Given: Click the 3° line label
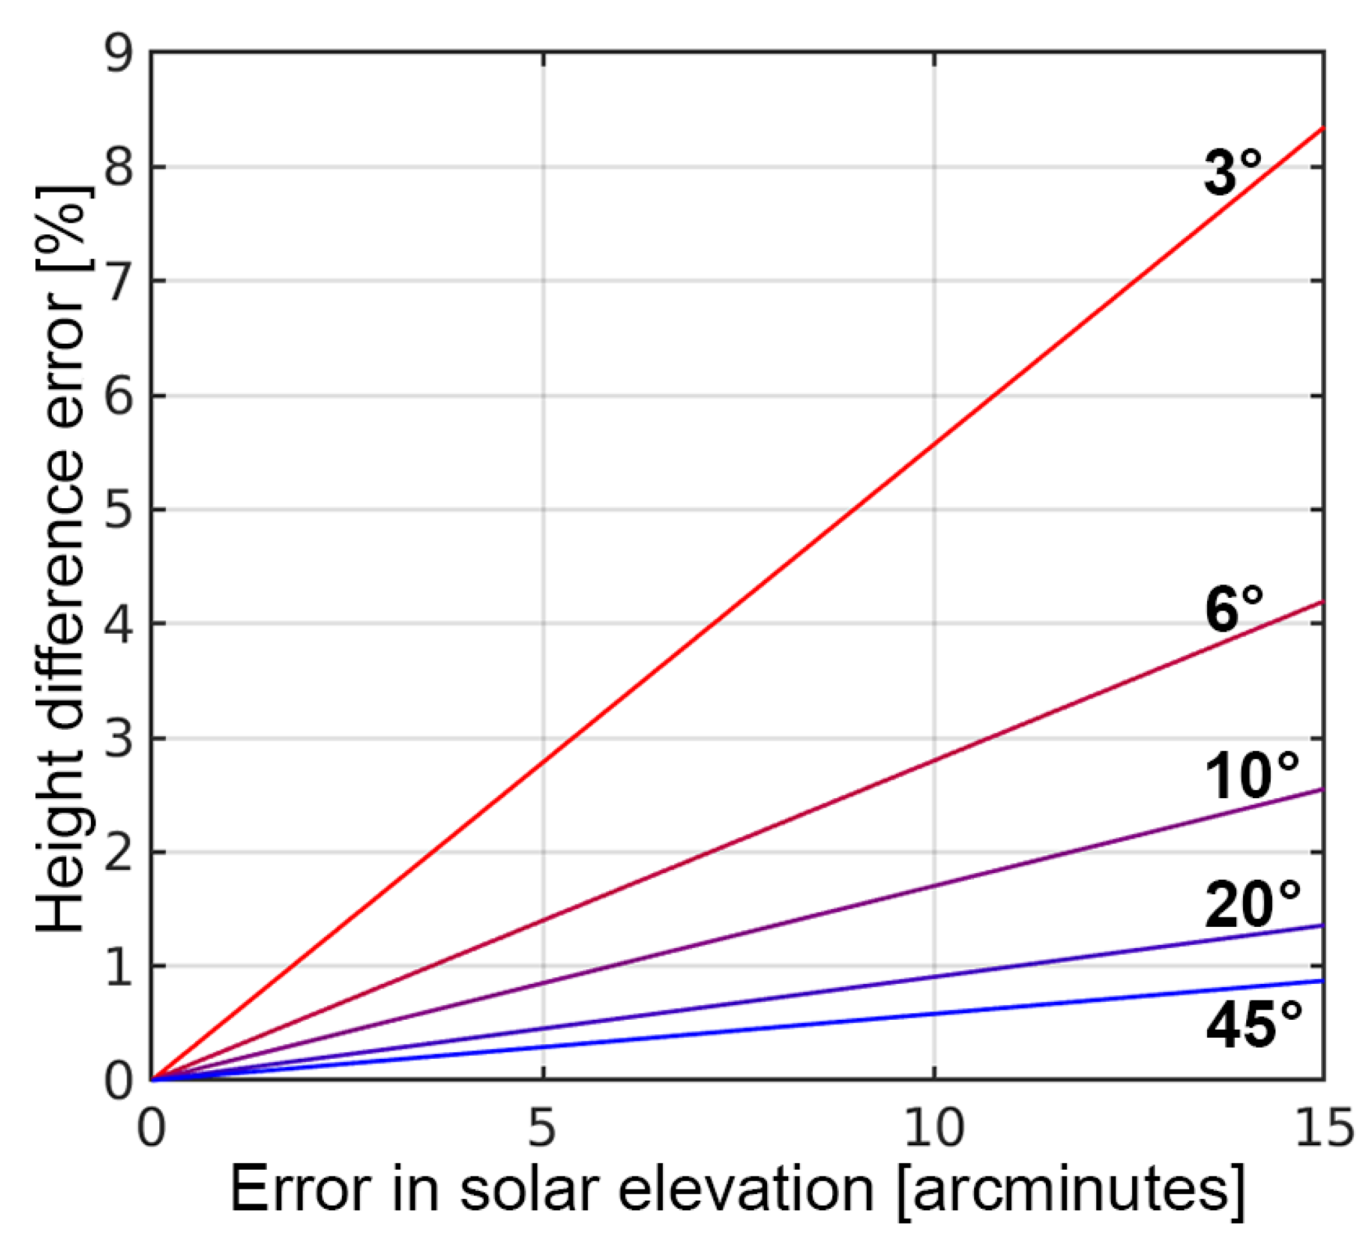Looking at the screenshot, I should pyautogui.click(x=1232, y=172).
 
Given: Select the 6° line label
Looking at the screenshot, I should pyautogui.click(x=1234, y=610).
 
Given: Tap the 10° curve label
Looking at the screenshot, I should pyautogui.click(x=1252, y=776).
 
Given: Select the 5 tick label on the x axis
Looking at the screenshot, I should pyautogui.click(x=542, y=1129).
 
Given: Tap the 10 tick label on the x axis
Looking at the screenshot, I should pyautogui.click(x=934, y=1129).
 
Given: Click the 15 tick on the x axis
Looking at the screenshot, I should pyautogui.click(x=1323, y=1129).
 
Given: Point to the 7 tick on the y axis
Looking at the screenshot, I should pyautogui.click(x=119, y=281).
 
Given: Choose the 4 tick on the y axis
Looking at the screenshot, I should pyautogui.click(x=119, y=623).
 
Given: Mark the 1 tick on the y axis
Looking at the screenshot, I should pyautogui.click(x=119, y=966).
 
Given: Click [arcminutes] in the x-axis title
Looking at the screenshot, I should pyautogui.click(x=1070, y=1191).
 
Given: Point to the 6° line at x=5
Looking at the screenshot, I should pyautogui.click(x=543, y=920).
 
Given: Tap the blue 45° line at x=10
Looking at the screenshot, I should pyautogui.click(x=934, y=1014).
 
